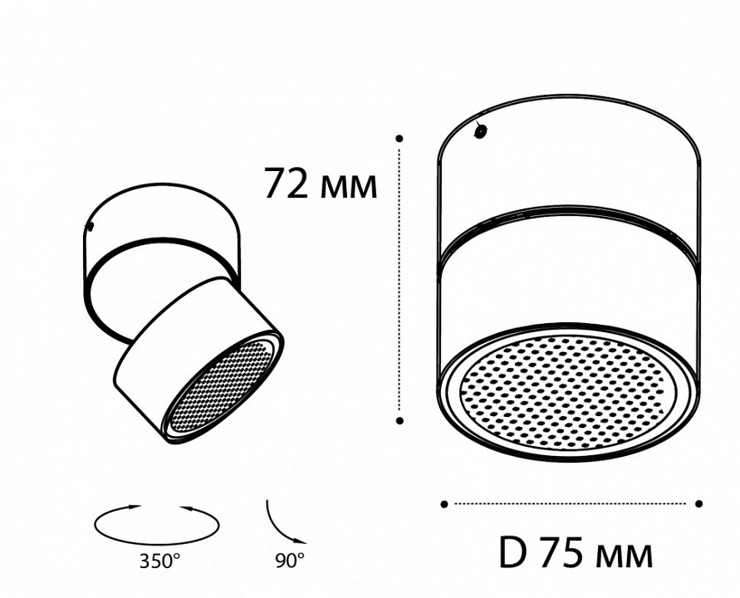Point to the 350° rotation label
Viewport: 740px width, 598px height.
[x=158, y=561]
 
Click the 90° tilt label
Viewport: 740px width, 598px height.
[x=288, y=561]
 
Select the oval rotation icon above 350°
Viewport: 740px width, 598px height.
[x=158, y=522]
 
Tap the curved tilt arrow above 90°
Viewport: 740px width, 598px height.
[x=281, y=519]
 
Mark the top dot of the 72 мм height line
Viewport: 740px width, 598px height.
[x=399, y=138]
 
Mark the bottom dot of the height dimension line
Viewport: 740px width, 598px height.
[x=399, y=421]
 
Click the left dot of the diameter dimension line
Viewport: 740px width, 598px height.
[x=444, y=503]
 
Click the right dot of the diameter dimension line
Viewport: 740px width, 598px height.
[x=699, y=503]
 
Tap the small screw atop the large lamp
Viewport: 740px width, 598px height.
[x=479, y=130]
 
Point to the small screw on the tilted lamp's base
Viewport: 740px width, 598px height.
[x=92, y=224]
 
